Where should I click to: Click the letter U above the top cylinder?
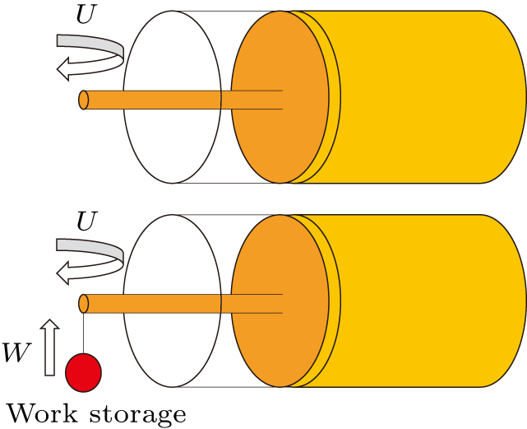tap(86, 15)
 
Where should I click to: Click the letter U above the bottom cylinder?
tap(86, 221)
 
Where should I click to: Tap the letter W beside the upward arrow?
tap(16, 352)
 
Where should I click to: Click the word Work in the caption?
tap(43, 413)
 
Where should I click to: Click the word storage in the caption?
tap(138, 415)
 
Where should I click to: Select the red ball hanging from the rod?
tap(83, 372)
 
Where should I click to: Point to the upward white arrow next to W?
tap(50, 347)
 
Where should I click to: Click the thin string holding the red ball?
tap(83, 333)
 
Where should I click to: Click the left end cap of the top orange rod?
tap(84, 100)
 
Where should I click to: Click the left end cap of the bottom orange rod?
tap(84, 304)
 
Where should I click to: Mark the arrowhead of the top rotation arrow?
tap(63, 69)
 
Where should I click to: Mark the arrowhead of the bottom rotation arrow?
tap(63, 273)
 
